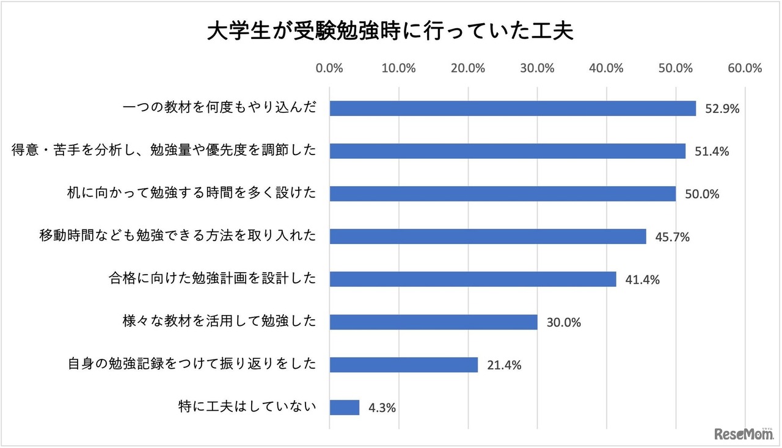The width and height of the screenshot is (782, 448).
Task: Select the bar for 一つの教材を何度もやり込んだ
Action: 513,109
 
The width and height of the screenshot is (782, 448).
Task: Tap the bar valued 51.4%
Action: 507,151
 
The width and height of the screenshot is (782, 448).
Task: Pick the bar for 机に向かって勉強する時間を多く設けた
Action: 502,194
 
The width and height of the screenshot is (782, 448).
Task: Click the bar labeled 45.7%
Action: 488,237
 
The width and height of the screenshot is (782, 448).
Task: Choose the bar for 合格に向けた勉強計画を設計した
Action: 473,280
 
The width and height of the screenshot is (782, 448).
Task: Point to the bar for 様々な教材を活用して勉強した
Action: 433,322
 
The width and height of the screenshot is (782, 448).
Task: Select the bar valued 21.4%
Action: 403,365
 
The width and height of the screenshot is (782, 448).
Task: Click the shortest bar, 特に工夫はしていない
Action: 344,407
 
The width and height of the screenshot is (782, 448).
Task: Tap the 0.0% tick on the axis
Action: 329,68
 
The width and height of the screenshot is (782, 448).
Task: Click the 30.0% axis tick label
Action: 537,68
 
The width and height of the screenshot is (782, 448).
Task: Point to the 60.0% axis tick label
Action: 744,68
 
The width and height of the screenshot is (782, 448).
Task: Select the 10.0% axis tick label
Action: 398,68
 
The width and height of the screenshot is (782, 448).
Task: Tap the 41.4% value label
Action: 642,280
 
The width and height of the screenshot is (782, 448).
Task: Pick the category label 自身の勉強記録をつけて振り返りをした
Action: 191,364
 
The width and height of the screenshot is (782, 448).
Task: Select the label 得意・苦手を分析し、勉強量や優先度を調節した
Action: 164,150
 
